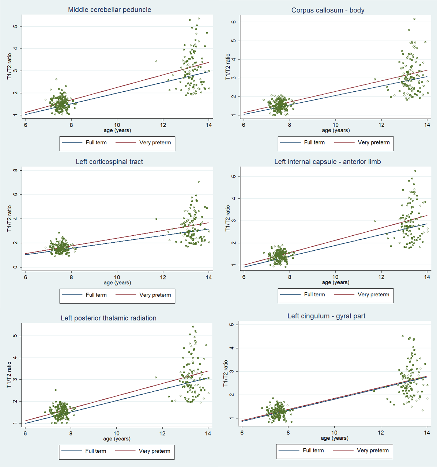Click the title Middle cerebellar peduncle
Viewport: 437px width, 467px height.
pyautogui.click(x=109, y=10)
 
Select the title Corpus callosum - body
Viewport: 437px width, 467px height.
pyautogui.click(x=328, y=10)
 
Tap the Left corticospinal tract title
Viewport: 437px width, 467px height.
pyautogui.click(x=109, y=162)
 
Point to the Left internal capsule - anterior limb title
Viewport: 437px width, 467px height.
pyautogui.click(x=327, y=162)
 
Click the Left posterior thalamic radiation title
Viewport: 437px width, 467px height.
pyautogui.click(x=109, y=318)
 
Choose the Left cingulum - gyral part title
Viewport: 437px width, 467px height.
pyautogui.click(x=326, y=316)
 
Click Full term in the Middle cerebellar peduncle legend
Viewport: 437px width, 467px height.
pyautogui.click(x=96, y=143)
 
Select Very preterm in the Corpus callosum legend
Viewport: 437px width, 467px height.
pyautogui.click(x=373, y=143)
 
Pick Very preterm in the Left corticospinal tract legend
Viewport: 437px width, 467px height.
pyautogui.click(x=155, y=295)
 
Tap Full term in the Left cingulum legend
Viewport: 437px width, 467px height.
pyautogui.click(x=313, y=451)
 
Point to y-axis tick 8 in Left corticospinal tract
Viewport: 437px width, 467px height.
pyautogui.click(x=15, y=170)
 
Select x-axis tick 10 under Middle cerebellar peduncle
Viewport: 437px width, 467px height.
pyautogui.click(x=117, y=125)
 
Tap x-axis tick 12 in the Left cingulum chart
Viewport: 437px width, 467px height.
pyautogui.click(x=381, y=433)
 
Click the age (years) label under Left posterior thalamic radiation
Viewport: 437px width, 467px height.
pyautogui.click(x=117, y=438)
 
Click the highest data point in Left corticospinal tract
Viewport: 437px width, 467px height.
pyautogui.click(x=199, y=182)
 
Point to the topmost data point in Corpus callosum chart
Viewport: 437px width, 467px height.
pyautogui.click(x=414, y=19)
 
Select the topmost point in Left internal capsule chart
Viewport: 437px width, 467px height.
pyautogui.click(x=415, y=171)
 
